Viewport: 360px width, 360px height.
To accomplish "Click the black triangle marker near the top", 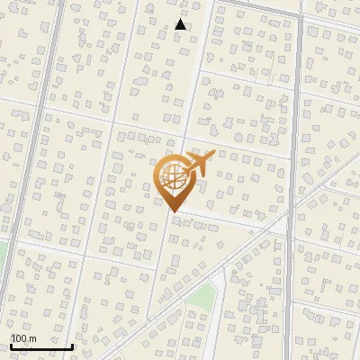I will [x=181, y=24].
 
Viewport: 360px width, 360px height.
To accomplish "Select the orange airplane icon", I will [x=200, y=165].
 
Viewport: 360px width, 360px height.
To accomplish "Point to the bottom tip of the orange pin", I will [x=174, y=212].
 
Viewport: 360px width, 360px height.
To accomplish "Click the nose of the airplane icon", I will [x=214, y=157].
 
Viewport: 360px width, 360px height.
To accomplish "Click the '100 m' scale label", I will [x=23, y=338].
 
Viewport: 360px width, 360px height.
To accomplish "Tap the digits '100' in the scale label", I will [x=19, y=338].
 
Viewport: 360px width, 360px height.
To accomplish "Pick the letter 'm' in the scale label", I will [x=32, y=338].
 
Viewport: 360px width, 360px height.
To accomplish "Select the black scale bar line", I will [x=41, y=346].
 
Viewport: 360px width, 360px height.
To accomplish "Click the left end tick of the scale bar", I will [x=11, y=345].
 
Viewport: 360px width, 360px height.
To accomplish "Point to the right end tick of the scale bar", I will [x=73, y=345].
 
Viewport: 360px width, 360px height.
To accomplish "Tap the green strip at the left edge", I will [x=2, y=256].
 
